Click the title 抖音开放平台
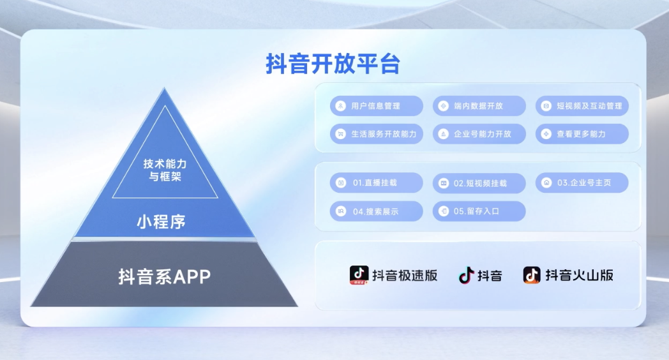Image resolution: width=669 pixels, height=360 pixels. [333, 64]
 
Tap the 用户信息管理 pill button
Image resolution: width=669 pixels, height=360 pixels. [377, 106]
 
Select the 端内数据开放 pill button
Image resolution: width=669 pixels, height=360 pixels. [479, 106]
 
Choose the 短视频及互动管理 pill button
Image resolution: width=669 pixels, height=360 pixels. [582, 106]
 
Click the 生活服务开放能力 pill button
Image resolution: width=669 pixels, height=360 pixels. [377, 134]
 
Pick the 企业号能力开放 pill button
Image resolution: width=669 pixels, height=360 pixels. [479, 134]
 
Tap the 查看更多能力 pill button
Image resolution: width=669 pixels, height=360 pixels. [582, 134]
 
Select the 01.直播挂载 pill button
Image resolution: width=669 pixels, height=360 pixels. [377, 183]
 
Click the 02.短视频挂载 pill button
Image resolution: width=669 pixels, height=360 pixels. [479, 183]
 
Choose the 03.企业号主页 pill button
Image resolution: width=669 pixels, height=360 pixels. [582, 183]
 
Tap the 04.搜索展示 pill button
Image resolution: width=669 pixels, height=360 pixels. [377, 211]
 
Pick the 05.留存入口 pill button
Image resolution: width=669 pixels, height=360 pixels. [479, 211]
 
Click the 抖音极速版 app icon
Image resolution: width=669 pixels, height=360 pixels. [359, 275]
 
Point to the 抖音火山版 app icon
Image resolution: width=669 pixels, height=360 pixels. [532, 275]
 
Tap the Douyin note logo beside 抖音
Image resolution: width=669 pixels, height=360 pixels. [467, 276]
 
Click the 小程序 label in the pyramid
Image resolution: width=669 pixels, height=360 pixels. [162, 221]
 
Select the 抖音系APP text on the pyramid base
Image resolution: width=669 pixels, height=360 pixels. [164, 277]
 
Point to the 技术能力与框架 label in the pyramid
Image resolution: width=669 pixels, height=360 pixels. [165, 170]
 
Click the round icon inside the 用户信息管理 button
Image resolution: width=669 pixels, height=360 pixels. [340, 106]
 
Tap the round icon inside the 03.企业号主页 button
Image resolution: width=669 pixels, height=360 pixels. [546, 183]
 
